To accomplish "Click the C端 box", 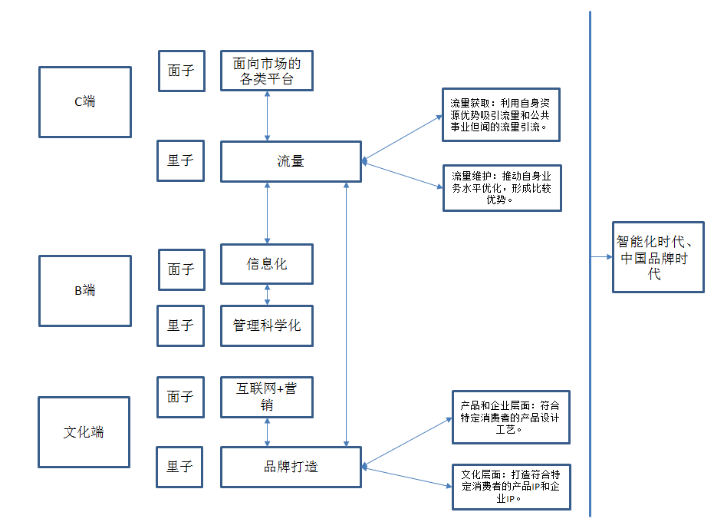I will pyautogui.click(x=84, y=101).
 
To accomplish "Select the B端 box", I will pyautogui.click(x=84, y=290).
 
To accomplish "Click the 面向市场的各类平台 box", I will pyautogui.click(x=267, y=71).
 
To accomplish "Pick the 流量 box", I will pyautogui.click(x=291, y=161).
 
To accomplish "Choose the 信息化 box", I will pyautogui.click(x=267, y=263).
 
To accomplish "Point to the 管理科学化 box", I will pyautogui.click(x=267, y=325).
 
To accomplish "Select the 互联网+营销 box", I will pyautogui.click(x=267, y=397).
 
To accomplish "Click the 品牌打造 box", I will pyautogui.click(x=291, y=467).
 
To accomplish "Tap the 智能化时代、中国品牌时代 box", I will pyautogui.click(x=658, y=256).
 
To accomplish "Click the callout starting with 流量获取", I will pyautogui.click(x=501, y=114).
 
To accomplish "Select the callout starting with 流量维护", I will pyautogui.click(x=502, y=187).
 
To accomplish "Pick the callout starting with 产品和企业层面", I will pyautogui.click(x=511, y=417).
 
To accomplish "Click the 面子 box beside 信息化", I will pyautogui.click(x=181, y=269).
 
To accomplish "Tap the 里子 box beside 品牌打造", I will pyautogui.click(x=180, y=466).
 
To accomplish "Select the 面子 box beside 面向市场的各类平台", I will pyautogui.click(x=181, y=71).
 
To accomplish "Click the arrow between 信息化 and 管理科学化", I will pyautogui.click(x=267, y=294).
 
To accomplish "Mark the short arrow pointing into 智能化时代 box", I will pyautogui.click(x=601, y=256).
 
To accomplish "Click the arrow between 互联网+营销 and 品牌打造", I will pyautogui.click(x=267, y=432).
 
